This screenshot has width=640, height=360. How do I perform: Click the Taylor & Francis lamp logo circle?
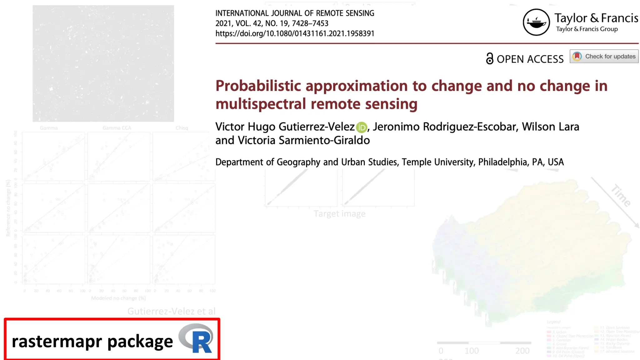coord(536,22)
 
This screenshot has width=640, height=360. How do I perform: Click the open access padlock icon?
coord(490,58)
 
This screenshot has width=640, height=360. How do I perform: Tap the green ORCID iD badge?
coord(362,127)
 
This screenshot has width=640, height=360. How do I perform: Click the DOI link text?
coord(295,33)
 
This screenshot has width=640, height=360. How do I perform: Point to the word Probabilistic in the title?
coord(258,86)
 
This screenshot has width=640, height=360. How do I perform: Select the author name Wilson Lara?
coord(550,127)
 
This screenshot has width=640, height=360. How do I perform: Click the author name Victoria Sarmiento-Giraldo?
coord(303,140)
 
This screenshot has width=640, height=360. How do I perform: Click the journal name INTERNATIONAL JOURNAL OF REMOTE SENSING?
coord(295,13)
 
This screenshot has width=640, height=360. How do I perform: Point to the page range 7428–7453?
coord(310,23)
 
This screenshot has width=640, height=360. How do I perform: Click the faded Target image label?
coord(339,214)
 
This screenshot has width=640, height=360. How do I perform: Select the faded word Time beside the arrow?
coord(621,196)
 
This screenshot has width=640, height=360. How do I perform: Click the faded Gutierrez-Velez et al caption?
coord(171,311)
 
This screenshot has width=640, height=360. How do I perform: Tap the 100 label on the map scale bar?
coord(472,351)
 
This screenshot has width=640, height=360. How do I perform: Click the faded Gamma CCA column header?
coord(117,128)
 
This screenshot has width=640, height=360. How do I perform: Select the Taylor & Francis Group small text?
coord(587,29)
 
